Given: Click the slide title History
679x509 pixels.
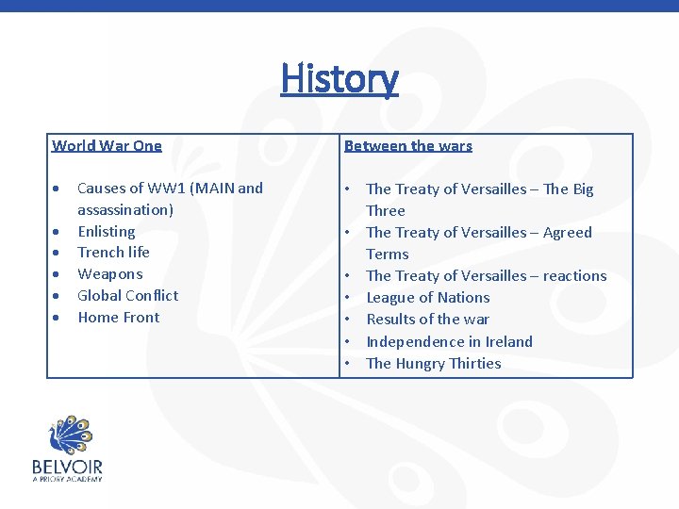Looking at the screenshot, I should (x=339, y=78).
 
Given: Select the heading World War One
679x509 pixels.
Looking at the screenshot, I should (x=107, y=145).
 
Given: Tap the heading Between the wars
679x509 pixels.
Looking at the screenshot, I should (x=408, y=145).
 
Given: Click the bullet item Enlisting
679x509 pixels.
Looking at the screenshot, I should (x=106, y=231).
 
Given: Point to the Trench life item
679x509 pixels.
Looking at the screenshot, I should (x=113, y=252).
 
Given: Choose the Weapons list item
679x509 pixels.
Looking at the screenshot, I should (x=109, y=273).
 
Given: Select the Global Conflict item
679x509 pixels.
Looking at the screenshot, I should (x=127, y=295).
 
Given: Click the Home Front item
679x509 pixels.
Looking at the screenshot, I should (x=119, y=317).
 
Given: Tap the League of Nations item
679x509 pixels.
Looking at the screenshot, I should (x=428, y=297).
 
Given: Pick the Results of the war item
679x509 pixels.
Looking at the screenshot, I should (x=428, y=319).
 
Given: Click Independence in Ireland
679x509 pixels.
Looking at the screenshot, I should (x=449, y=341).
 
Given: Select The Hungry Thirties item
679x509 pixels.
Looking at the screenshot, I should (x=434, y=363).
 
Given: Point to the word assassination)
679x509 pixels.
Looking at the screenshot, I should (x=125, y=209).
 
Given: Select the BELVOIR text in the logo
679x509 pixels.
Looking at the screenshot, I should (x=67, y=467).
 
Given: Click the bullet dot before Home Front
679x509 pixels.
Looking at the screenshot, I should (x=58, y=318).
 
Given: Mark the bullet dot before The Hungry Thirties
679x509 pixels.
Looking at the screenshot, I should (x=348, y=363).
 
